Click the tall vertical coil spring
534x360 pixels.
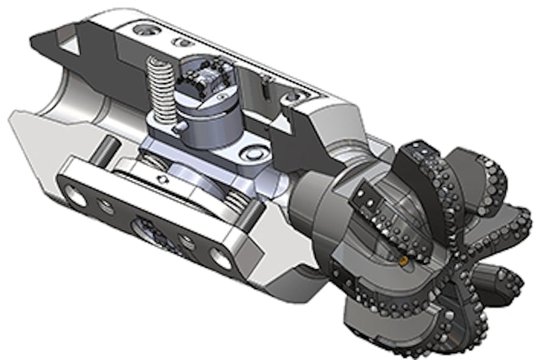(160, 89)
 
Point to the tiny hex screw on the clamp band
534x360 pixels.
(161, 180)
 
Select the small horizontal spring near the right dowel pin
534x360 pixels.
(234, 199)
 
